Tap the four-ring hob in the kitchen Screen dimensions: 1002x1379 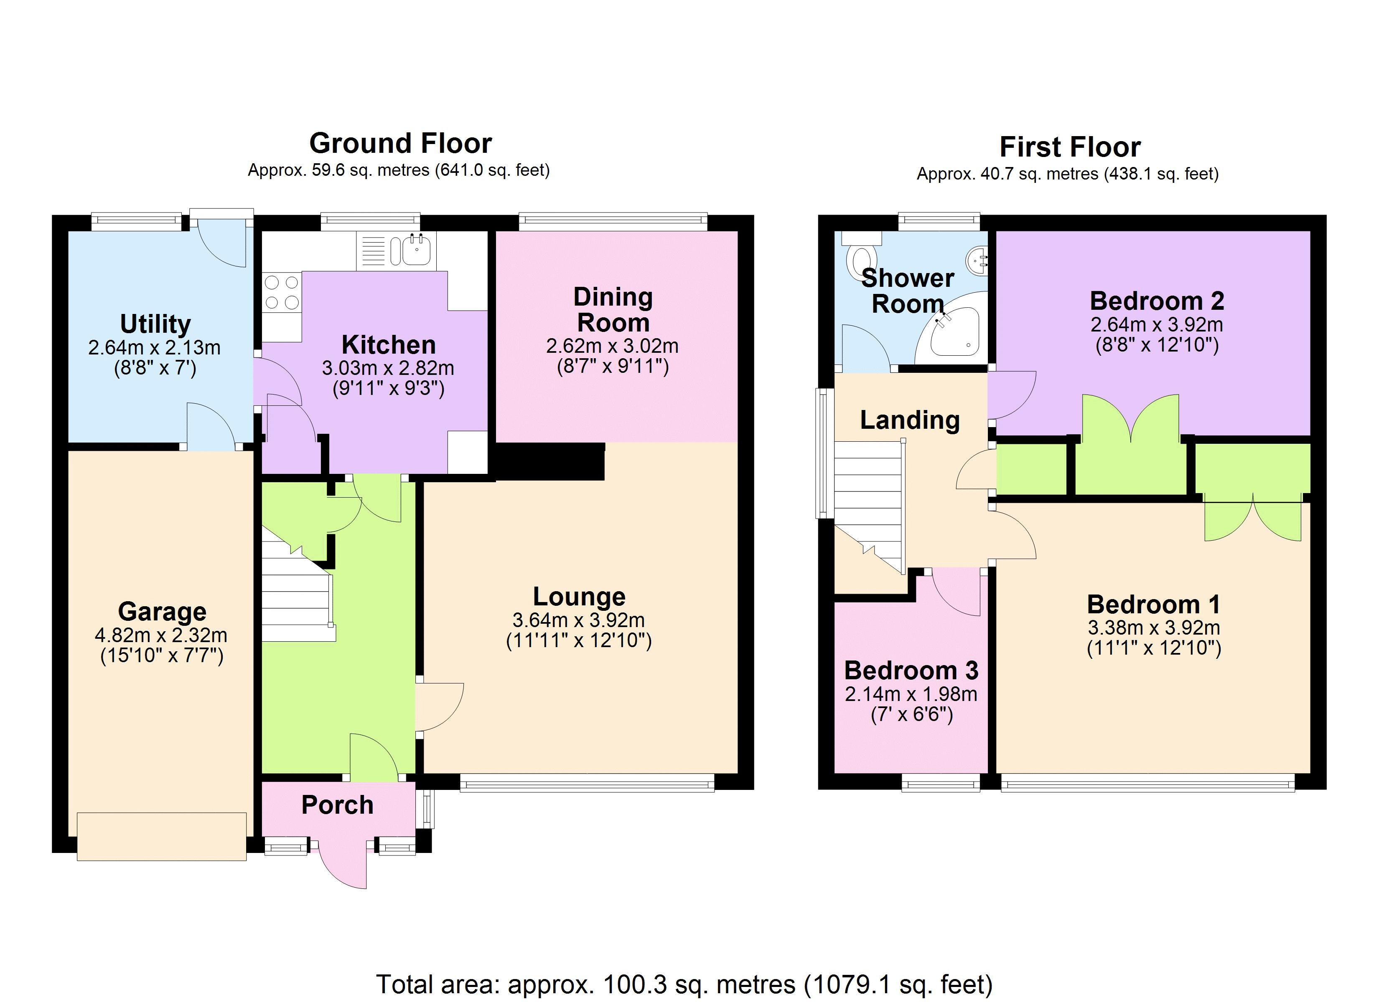282,292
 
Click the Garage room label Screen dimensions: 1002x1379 162,611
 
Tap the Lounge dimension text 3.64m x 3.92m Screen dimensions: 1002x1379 578,620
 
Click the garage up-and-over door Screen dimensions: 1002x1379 162,836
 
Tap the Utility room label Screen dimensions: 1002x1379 155,324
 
